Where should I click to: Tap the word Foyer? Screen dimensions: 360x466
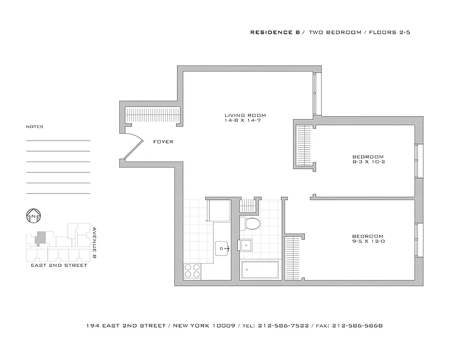(163, 142)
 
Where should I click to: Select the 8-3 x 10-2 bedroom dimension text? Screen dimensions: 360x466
(368, 162)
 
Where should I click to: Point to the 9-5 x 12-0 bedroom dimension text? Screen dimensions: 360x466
(368, 242)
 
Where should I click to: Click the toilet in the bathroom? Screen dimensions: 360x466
(249, 223)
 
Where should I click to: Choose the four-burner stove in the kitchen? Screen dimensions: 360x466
(192, 272)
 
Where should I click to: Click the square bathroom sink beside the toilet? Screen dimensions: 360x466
(246, 246)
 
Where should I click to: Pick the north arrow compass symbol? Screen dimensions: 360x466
(34, 216)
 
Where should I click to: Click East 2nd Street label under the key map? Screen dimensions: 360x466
(59, 265)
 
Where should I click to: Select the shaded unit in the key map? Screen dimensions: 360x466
(41, 238)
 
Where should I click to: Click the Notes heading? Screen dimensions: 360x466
(35, 127)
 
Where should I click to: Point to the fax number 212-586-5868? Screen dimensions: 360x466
(357, 326)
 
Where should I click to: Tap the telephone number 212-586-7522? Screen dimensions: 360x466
(283, 326)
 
